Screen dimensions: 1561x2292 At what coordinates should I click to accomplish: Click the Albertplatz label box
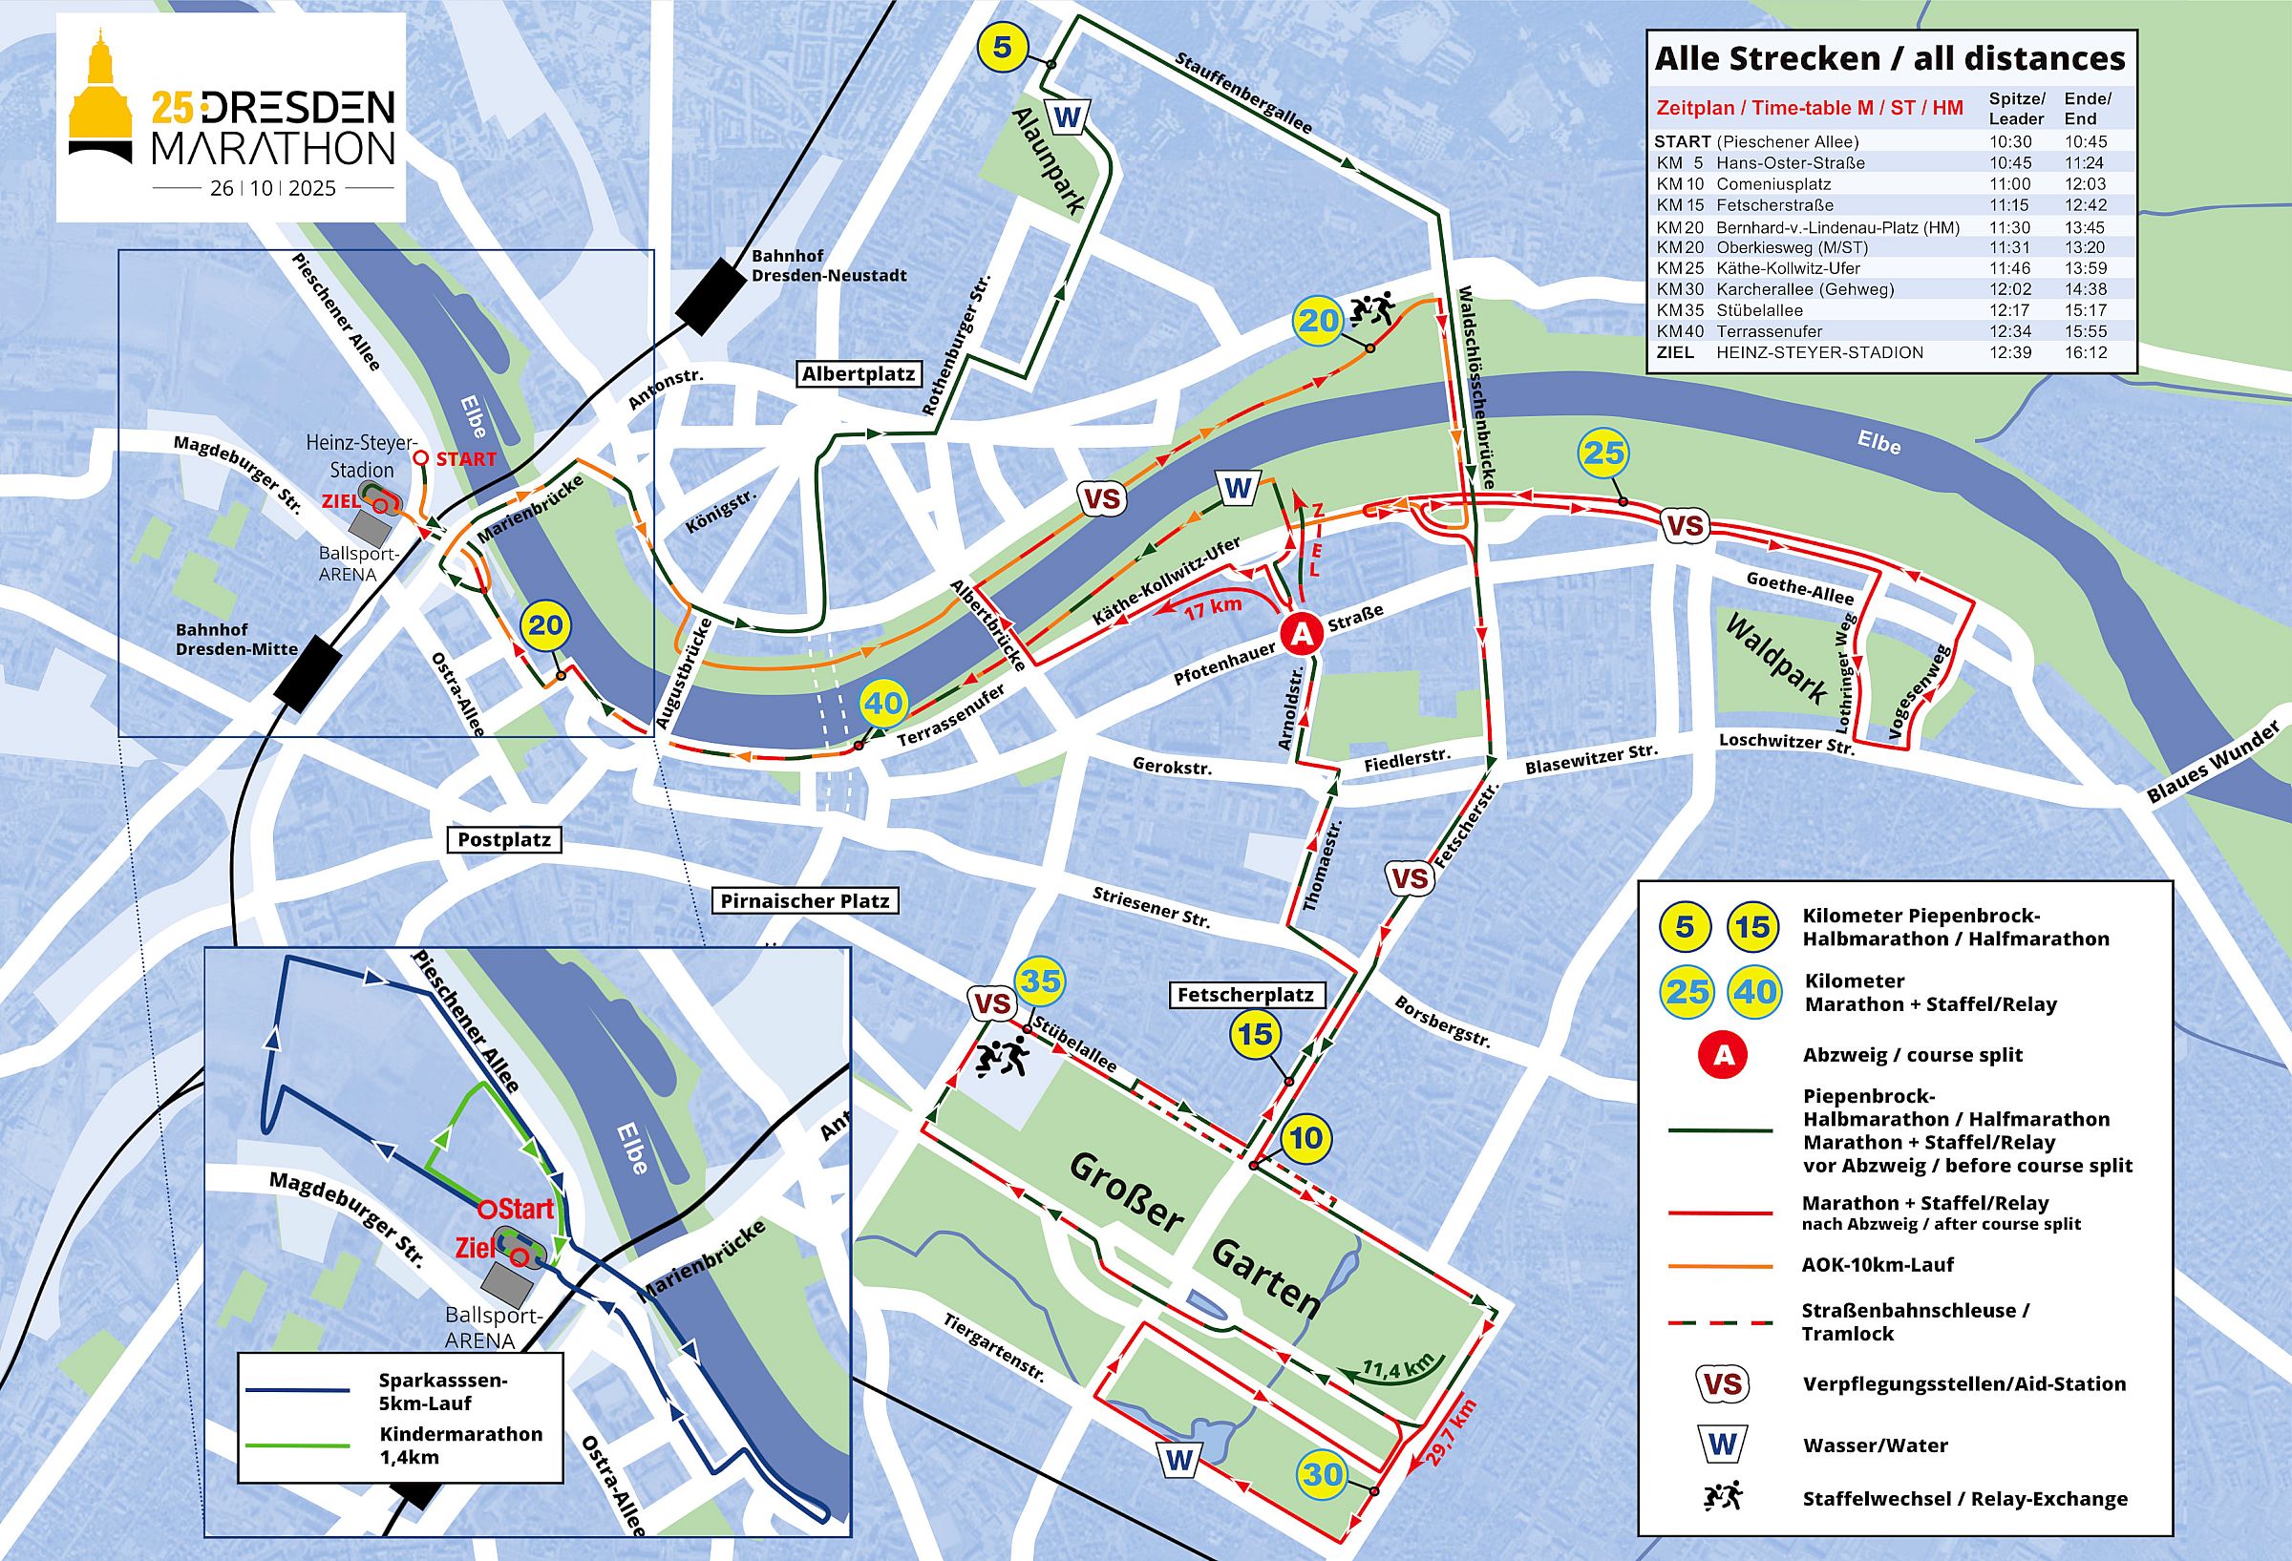[x=859, y=374]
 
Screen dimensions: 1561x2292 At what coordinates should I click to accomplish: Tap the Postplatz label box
[x=505, y=840]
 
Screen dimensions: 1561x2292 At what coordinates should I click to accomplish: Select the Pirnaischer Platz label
[x=804, y=900]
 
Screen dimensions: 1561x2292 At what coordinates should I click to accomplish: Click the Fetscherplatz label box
[x=1244, y=995]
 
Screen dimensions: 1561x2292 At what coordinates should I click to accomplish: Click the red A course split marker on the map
[x=1302, y=634]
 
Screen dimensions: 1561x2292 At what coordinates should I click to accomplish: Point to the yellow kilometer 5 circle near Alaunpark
[x=1003, y=48]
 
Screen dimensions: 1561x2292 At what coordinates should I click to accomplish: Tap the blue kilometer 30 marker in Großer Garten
[x=1322, y=1473]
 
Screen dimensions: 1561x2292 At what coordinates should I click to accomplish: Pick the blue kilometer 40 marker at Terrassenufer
[x=883, y=704]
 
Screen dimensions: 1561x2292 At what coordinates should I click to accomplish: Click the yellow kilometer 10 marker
[x=1305, y=1138]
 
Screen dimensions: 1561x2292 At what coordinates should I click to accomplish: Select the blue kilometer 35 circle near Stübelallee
[x=1041, y=981]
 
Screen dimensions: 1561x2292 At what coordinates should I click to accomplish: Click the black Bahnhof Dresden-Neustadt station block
[x=711, y=296]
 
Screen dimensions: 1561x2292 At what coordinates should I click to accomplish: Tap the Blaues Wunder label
[x=2215, y=760]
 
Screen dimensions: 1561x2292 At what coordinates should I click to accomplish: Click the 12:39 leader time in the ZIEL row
[x=2010, y=352]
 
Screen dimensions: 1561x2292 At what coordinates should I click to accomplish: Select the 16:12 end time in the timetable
[x=2085, y=352]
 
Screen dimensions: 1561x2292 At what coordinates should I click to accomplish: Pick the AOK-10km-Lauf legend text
[x=1877, y=1265]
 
